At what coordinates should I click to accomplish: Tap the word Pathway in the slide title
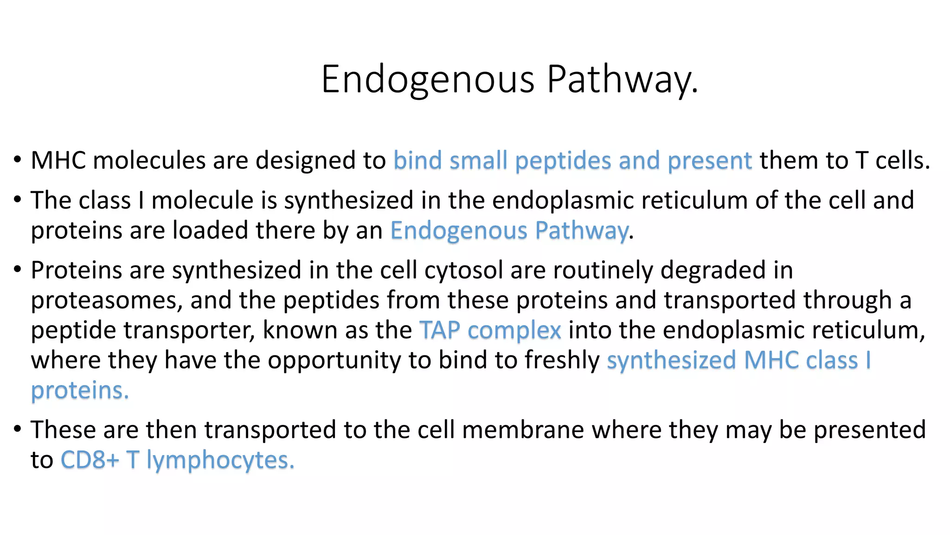coord(622,80)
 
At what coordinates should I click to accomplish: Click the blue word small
coord(478,161)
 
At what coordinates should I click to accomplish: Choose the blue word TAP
coord(439,330)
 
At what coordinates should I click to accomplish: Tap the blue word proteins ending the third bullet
coord(79,391)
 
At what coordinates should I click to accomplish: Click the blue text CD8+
coord(90,460)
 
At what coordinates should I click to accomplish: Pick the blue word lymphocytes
coord(220,461)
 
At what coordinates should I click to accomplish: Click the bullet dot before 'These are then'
coord(18,429)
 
